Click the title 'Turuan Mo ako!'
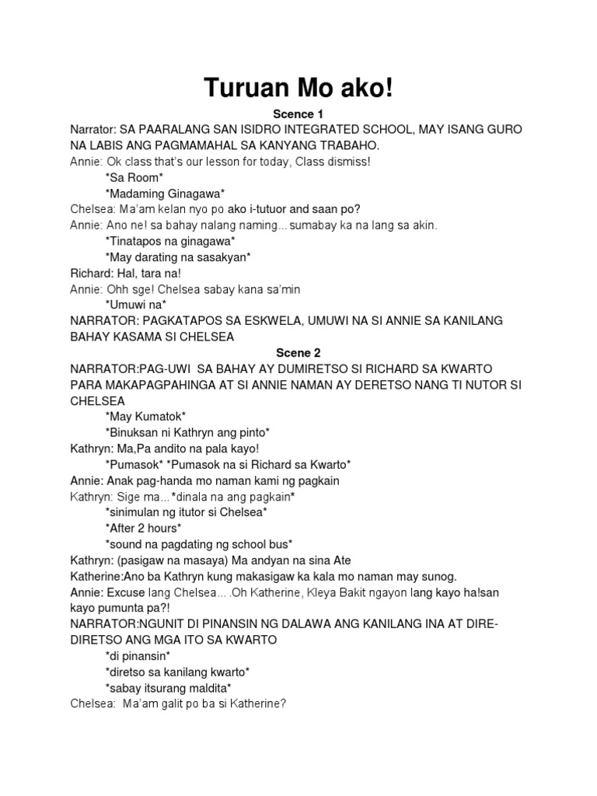[x=298, y=89]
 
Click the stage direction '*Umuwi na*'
[x=135, y=305]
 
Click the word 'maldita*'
[x=209, y=687]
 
